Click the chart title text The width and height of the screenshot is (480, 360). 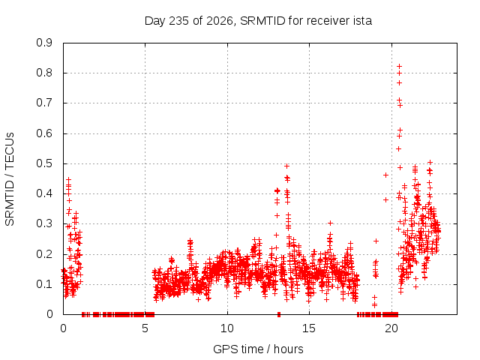click(x=258, y=21)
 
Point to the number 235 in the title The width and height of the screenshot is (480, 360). click(x=179, y=21)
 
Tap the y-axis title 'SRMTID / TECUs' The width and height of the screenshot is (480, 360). click(x=10, y=179)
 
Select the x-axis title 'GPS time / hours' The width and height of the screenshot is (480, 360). click(x=258, y=349)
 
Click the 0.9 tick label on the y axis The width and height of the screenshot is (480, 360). click(x=44, y=43)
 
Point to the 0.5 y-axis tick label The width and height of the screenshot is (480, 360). click(x=44, y=163)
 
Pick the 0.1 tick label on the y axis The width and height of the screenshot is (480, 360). click(x=44, y=284)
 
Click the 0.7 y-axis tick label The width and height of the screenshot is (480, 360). click(x=44, y=103)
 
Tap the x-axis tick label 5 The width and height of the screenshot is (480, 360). click(x=145, y=328)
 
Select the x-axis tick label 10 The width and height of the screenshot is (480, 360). click(x=227, y=328)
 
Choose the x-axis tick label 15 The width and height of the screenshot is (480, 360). click(x=309, y=328)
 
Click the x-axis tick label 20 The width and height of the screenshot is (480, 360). click(x=391, y=328)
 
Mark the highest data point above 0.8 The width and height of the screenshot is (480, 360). click(x=399, y=66)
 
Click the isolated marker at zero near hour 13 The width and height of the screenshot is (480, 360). click(x=278, y=314)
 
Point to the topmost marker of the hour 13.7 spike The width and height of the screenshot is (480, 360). click(x=286, y=166)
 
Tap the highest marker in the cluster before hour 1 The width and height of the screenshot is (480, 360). click(x=68, y=179)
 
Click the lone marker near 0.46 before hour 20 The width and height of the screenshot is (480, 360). click(x=385, y=175)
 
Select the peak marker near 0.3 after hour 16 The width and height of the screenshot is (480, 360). click(x=330, y=223)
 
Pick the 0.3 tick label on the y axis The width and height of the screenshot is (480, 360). click(x=44, y=223)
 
